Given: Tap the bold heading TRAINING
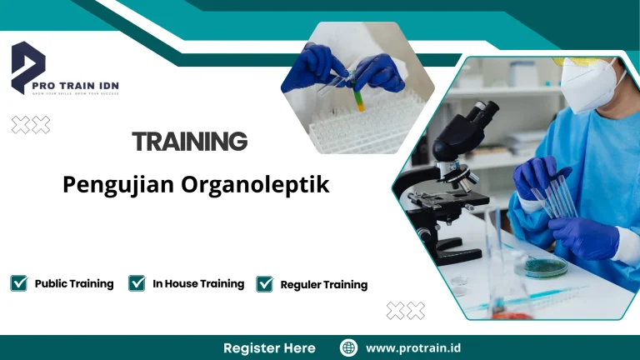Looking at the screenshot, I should tap(190, 141).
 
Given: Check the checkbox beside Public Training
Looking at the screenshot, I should tap(18, 283).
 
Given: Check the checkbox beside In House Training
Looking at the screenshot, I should tap(137, 283).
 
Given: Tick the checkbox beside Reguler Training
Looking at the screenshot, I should tap(265, 284).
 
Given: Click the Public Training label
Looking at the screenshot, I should tap(74, 283).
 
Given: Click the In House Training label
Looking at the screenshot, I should tap(198, 283).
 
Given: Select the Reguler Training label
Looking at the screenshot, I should tap(323, 284).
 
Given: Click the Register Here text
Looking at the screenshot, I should tap(269, 347).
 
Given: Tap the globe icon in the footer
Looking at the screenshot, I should tap(349, 347).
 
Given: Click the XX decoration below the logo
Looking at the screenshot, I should tap(31, 125).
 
